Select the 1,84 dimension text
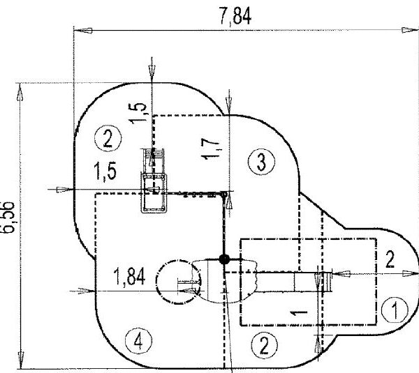click(x=128, y=278)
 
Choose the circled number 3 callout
click(x=259, y=162)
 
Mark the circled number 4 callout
click(x=138, y=342)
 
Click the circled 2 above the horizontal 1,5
click(x=106, y=138)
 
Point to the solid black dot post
click(x=224, y=259)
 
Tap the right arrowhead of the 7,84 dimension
click(x=411, y=30)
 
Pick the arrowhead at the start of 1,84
click(x=90, y=289)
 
